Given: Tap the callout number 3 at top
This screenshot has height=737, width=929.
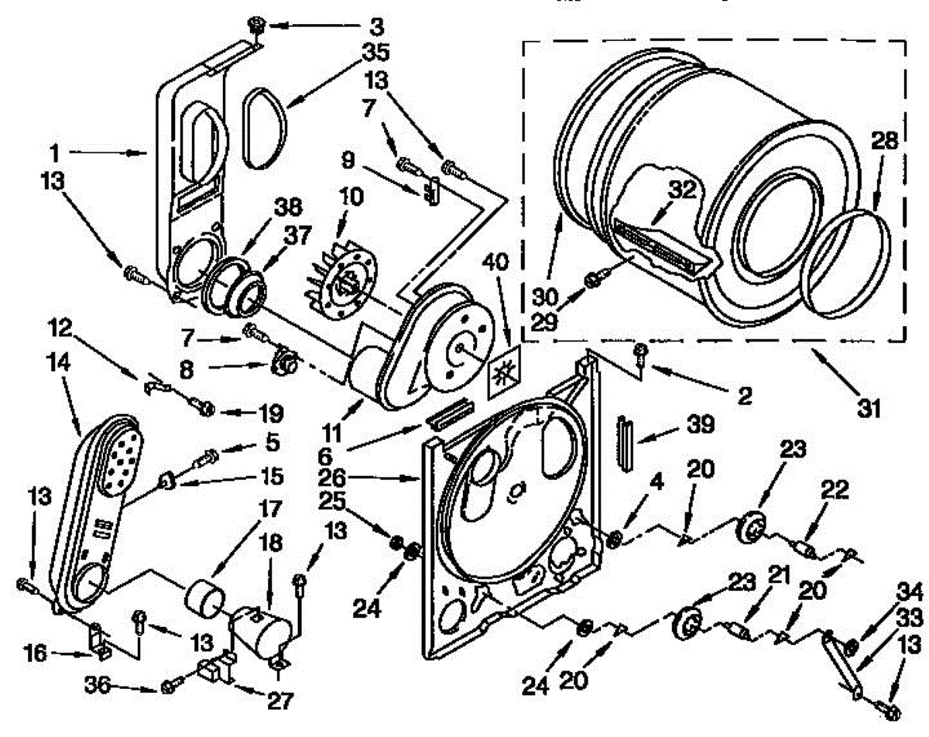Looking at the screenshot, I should pyautogui.click(x=375, y=28).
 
